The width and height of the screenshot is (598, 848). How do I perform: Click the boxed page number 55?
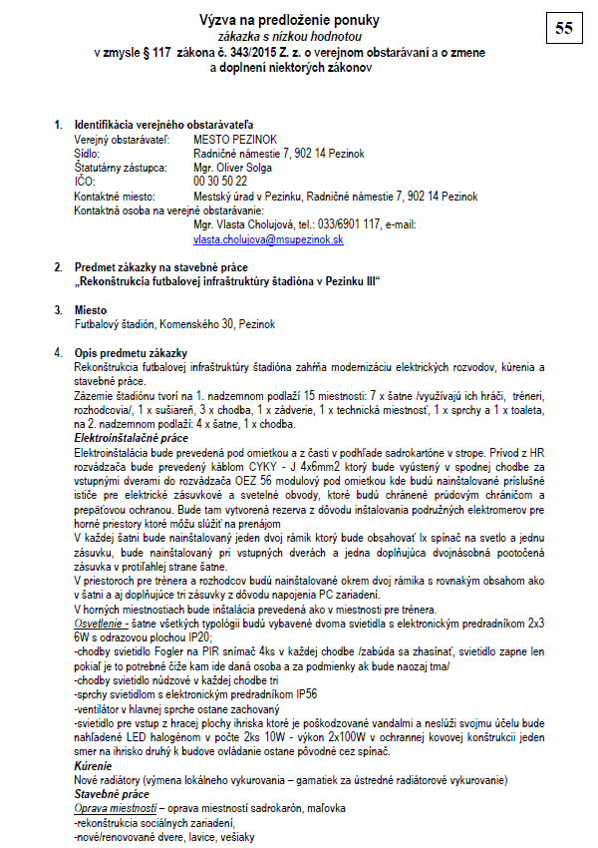pyautogui.click(x=562, y=29)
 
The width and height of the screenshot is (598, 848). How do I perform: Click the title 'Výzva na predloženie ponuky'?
pyautogui.click(x=290, y=20)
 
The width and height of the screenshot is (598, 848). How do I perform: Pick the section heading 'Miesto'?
pyautogui.click(x=91, y=310)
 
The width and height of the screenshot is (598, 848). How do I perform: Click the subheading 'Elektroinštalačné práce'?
pyautogui.click(x=131, y=437)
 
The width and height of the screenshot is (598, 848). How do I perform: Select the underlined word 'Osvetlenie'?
pyautogui.click(x=100, y=622)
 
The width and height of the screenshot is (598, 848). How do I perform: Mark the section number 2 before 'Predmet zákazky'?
pyautogui.click(x=57, y=267)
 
